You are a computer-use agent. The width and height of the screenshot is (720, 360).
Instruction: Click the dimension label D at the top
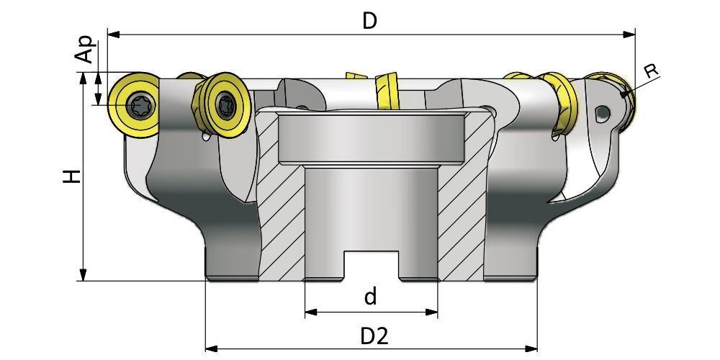tap(369, 20)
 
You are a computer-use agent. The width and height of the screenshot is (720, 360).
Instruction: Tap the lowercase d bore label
tap(370, 297)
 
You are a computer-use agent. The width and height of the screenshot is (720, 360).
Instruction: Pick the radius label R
tap(651, 71)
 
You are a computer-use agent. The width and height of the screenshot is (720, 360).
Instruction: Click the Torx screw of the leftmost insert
tap(135, 106)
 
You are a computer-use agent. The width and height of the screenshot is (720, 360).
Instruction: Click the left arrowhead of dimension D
tap(112, 33)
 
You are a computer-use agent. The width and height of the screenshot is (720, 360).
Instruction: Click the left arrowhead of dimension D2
tap(211, 349)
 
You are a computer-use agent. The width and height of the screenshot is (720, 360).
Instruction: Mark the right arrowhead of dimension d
tap(433, 312)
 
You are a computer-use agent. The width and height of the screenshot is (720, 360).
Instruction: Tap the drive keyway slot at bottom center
tap(371, 264)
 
